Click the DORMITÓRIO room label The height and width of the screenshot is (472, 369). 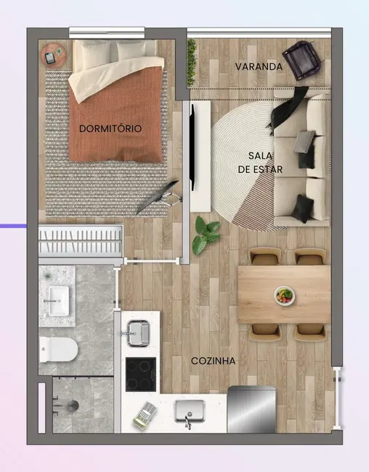[x=110, y=129]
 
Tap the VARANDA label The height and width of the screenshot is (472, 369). [x=259, y=66]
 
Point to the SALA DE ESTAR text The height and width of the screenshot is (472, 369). [x=259, y=162]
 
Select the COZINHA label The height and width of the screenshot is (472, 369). [x=211, y=361]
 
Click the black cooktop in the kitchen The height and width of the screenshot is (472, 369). [x=141, y=375]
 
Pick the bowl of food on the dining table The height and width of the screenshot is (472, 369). [x=285, y=295]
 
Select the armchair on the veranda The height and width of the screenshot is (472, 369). [x=301, y=59]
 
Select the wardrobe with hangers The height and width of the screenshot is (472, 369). [x=80, y=240]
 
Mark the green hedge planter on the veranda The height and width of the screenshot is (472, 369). [x=192, y=61]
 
